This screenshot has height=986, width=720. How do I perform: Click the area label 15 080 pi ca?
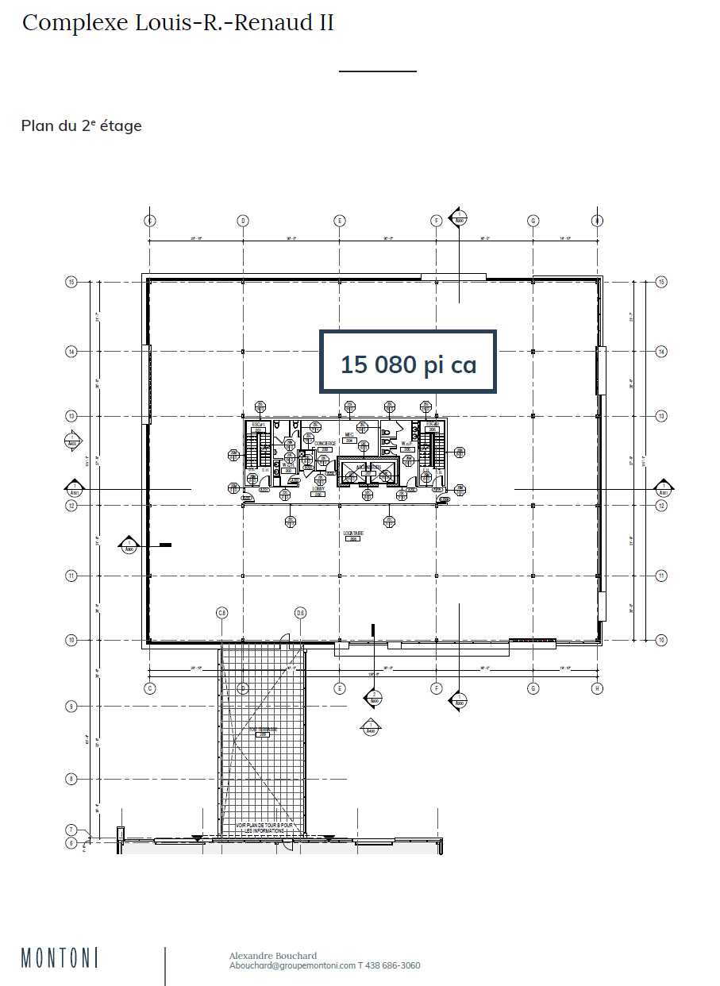click(x=408, y=364)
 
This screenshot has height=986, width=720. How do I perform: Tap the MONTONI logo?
click(x=60, y=957)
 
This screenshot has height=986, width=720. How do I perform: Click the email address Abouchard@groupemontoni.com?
click(x=292, y=966)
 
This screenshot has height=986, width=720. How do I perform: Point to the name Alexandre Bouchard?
click(x=272, y=956)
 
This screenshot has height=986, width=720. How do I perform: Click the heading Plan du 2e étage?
click(x=81, y=125)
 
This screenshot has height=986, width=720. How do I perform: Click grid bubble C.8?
click(x=222, y=613)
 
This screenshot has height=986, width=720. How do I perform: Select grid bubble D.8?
click(x=300, y=613)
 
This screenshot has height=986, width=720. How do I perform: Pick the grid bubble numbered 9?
click(x=71, y=706)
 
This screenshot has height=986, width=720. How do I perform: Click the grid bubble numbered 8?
click(x=71, y=779)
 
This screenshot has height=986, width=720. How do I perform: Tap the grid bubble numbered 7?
click(x=71, y=830)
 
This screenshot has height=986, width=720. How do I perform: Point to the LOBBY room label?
click(x=318, y=490)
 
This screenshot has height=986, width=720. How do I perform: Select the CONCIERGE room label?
click(x=325, y=444)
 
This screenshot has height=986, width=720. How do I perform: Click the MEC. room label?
click(x=348, y=435)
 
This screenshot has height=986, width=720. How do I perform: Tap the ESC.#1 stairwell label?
click(x=256, y=425)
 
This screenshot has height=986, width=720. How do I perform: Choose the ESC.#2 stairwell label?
click(x=432, y=425)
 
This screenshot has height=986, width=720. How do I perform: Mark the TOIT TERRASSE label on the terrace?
click(x=262, y=730)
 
